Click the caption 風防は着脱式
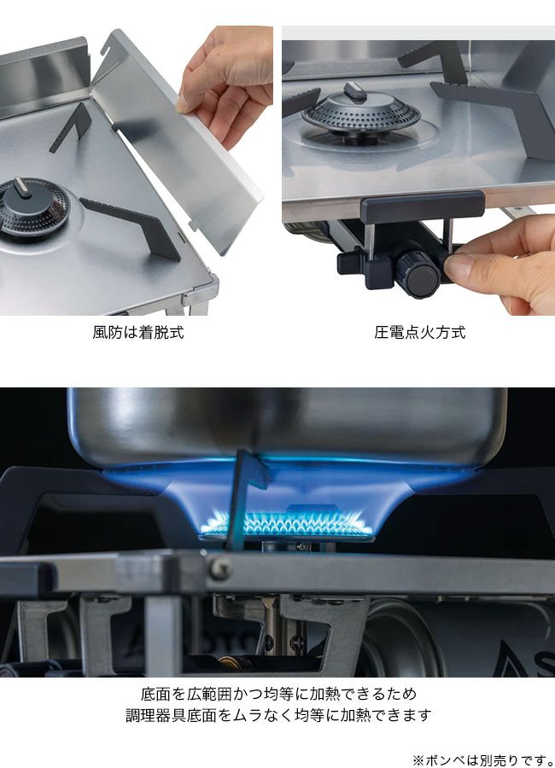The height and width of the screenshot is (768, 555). tap(138, 333)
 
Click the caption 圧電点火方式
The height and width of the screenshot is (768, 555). tap(420, 333)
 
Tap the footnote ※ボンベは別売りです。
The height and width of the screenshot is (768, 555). tap(482, 760)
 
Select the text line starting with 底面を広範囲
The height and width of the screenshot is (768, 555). tap(278, 694)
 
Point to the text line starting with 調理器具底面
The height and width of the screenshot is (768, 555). tap(278, 715)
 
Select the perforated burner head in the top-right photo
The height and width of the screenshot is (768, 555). tap(361, 115)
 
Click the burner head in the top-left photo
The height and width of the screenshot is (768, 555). tap(32, 207)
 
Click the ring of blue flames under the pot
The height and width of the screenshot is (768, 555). tap(286, 524)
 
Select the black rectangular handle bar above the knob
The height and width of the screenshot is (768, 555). tap(423, 207)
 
